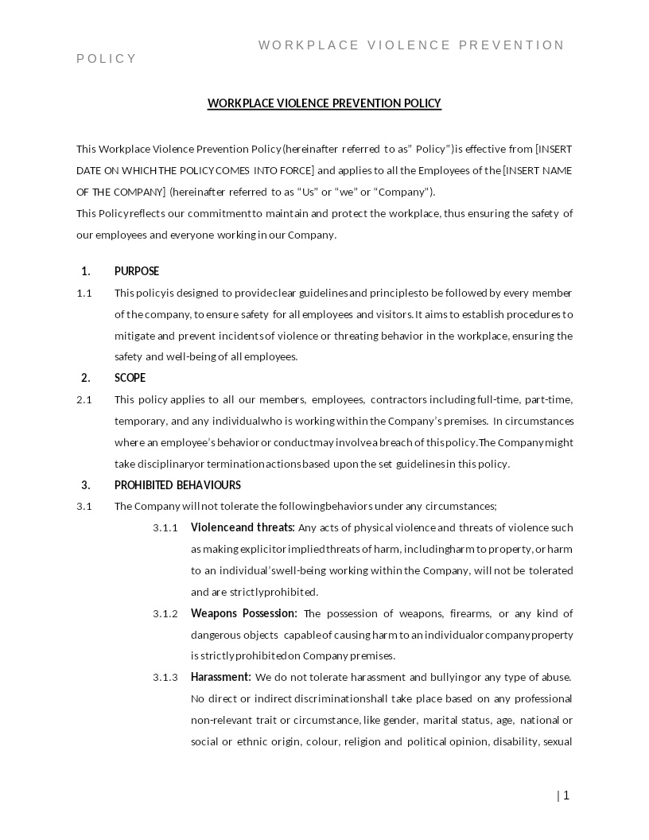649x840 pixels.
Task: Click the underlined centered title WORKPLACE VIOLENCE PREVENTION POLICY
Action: (324, 103)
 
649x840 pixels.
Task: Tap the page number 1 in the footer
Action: (566, 795)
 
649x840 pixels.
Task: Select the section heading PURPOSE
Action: (137, 271)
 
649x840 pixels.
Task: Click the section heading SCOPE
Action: (130, 378)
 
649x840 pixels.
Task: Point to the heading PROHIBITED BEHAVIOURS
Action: (177, 485)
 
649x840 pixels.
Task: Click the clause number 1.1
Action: (84, 293)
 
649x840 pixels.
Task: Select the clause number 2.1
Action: (84, 399)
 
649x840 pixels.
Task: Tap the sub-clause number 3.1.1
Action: (165, 528)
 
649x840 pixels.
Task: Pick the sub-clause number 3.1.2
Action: (165, 614)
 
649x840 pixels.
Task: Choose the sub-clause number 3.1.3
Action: (165, 678)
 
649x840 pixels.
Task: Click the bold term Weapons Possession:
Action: (244, 613)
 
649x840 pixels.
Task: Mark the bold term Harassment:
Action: (221, 678)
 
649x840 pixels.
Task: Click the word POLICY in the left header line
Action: (107, 59)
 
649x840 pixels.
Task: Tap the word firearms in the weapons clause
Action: (471, 614)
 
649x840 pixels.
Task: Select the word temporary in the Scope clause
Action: (140, 422)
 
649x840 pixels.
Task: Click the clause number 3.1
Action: (84, 507)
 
